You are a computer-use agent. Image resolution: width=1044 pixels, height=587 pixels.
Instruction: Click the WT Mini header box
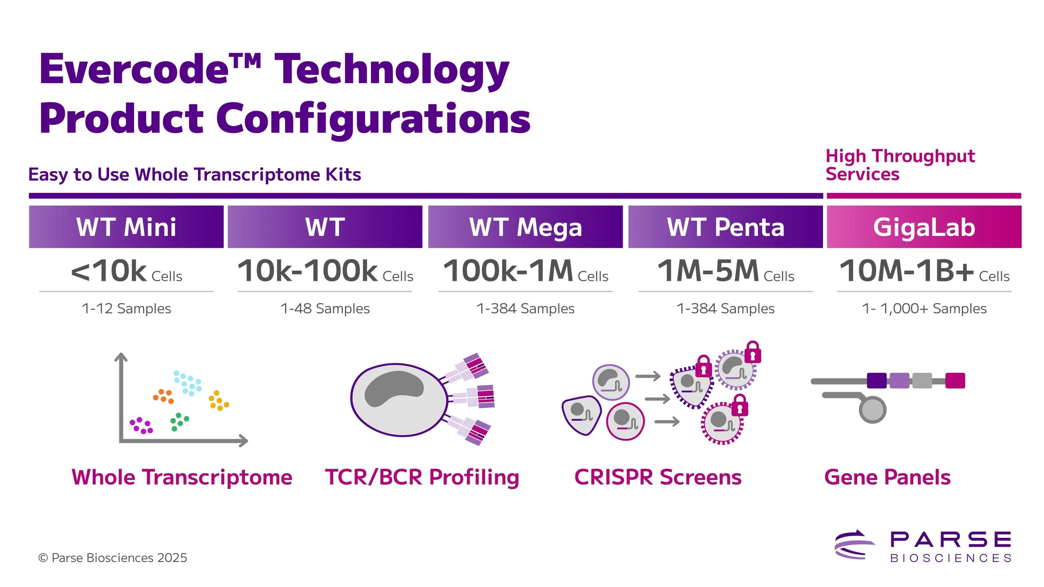[x=126, y=227]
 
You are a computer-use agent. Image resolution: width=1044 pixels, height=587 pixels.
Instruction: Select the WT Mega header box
[x=525, y=227]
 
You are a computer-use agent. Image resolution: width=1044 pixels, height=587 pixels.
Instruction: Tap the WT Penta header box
[x=725, y=227]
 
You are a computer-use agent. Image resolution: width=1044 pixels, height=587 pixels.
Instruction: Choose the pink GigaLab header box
[x=924, y=227]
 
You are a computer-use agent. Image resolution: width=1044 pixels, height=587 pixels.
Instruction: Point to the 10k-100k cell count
[x=308, y=271]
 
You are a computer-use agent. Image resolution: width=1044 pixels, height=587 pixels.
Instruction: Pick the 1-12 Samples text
[x=126, y=309]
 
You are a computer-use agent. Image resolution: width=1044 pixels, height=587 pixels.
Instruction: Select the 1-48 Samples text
[x=325, y=309]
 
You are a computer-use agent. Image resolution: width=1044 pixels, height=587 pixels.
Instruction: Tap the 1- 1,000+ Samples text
[x=924, y=309]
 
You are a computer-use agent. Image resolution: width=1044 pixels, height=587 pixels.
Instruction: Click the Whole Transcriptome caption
[x=182, y=477]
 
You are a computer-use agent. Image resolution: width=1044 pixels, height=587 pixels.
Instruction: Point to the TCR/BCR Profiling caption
[x=422, y=477]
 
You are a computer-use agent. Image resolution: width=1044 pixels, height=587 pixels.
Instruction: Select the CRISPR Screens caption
[x=658, y=477]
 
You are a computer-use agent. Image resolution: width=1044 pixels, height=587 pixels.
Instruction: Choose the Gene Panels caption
[x=887, y=477]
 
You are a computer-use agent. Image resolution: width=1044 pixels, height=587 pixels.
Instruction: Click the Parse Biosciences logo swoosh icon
[x=854, y=545]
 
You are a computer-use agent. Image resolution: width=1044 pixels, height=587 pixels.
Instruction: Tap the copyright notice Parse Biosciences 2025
[x=113, y=558]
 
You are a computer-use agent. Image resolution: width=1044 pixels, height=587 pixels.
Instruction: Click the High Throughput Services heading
[x=900, y=165]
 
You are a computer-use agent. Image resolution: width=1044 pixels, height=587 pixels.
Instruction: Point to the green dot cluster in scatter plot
[x=179, y=422]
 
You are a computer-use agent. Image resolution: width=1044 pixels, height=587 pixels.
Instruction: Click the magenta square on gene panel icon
[x=955, y=380]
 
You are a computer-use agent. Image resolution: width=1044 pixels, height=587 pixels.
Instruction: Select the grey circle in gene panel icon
[x=872, y=410]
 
